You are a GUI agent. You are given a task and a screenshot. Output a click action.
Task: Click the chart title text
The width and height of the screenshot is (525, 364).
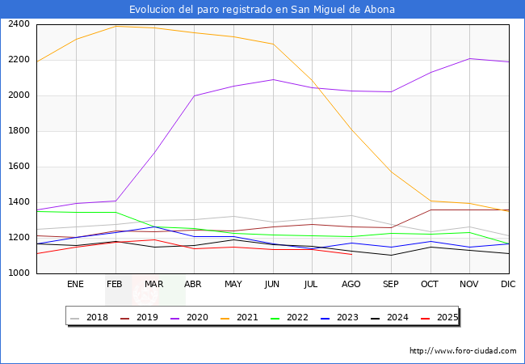[262, 9]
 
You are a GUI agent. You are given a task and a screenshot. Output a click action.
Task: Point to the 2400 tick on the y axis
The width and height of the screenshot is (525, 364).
[19, 24]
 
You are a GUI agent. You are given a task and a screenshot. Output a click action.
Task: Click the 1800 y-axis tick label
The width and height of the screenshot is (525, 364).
[19, 131]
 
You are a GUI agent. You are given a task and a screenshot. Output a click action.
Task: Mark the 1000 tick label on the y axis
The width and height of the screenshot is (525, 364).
[19, 273]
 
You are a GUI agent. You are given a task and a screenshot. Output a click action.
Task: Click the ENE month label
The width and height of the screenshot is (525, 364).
[75, 285]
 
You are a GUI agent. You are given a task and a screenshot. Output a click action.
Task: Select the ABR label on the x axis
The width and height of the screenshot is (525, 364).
[193, 285]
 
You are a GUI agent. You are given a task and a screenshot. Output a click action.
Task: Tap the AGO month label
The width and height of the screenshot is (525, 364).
[351, 285]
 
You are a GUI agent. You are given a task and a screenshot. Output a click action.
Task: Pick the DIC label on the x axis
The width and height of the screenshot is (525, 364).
[508, 285]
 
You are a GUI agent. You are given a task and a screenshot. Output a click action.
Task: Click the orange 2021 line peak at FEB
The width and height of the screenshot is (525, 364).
[115, 26]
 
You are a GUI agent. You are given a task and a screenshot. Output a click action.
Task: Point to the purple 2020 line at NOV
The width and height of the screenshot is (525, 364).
[469, 58]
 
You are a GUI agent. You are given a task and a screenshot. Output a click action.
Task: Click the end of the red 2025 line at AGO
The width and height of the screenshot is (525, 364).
[351, 255]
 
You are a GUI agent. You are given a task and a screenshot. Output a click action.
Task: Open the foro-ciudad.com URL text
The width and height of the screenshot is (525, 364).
[463, 351]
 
